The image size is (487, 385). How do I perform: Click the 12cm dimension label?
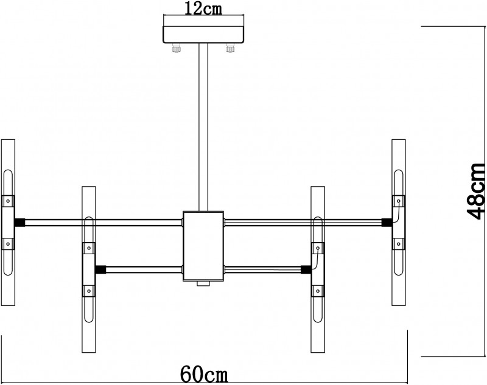pos(203,9)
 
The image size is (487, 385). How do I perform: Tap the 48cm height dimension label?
pos(476,191)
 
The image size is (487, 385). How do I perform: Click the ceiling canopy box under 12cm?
pos(203,35)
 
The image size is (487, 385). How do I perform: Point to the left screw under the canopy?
pos(177,48)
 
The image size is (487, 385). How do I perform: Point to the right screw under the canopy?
pos(230,48)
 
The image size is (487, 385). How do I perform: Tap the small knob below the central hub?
pos(203,283)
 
